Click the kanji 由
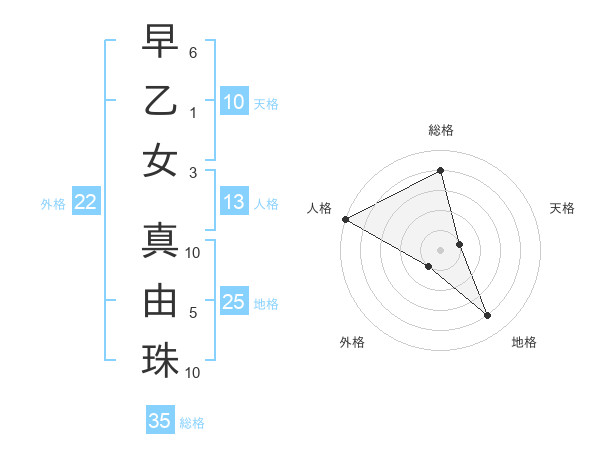click(x=161, y=301)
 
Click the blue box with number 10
click(x=233, y=102)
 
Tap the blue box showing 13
click(x=233, y=203)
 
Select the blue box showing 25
click(x=233, y=303)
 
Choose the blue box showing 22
click(x=85, y=203)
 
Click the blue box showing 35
click(x=160, y=421)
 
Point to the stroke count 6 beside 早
click(x=193, y=51)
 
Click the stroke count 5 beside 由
click(x=193, y=313)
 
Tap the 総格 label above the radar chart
click(x=440, y=131)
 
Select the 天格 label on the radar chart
click(x=563, y=208)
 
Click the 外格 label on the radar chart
click(x=352, y=342)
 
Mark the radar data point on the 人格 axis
click(x=345, y=219)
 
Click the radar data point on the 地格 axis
click(x=488, y=316)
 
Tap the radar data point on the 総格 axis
click(x=440, y=170)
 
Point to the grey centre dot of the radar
click(x=440, y=250)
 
